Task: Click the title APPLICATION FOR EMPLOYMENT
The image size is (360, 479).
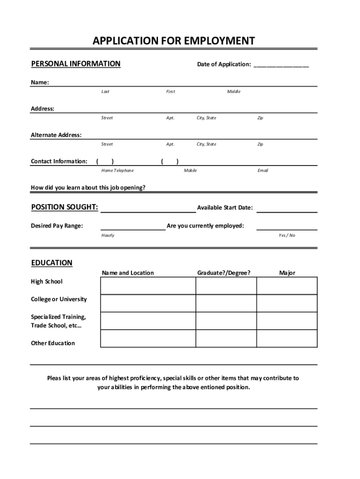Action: [x=173, y=41]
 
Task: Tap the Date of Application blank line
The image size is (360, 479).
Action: [x=281, y=65]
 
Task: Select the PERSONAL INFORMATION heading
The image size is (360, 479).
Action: [x=76, y=64]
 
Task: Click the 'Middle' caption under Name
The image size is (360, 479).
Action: [x=234, y=92]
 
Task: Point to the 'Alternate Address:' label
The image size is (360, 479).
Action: [x=56, y=135]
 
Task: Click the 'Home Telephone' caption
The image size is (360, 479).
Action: [x=117, y=171]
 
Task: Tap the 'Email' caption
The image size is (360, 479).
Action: [x=263, y=171]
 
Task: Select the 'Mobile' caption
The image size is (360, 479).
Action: [x=190, y=171]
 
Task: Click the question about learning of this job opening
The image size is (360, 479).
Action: [x=88, y=188]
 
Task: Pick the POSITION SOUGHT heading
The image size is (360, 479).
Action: [x=65, y=207]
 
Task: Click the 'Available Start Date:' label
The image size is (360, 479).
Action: [x=225, y=208]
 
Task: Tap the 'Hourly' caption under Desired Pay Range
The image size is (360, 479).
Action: [x=108, y=235]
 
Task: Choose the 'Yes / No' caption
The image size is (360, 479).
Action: [x=287, y=235]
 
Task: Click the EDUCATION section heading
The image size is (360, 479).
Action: [x=52, y=263]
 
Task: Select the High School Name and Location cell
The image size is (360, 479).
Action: [x=148, y=285]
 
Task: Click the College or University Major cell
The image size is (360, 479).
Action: [x=287, y=303]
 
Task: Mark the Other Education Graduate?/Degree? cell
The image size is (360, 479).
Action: [x=226, y=338]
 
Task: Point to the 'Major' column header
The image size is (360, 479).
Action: [x=287, y=273]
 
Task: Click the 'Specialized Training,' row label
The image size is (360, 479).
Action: [x=58, y=317]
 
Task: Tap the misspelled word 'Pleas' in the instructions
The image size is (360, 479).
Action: [x=55, y=378]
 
